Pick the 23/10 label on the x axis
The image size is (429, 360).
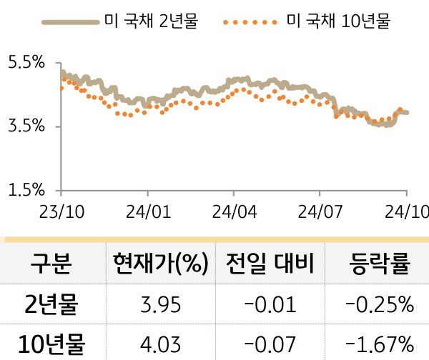61,211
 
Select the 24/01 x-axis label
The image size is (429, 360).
148,211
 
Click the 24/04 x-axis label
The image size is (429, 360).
235,211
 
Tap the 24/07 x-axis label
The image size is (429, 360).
320,211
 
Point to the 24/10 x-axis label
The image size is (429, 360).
407,211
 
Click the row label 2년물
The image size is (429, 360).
51,306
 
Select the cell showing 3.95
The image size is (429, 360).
159,306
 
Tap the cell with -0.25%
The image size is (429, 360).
379,306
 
